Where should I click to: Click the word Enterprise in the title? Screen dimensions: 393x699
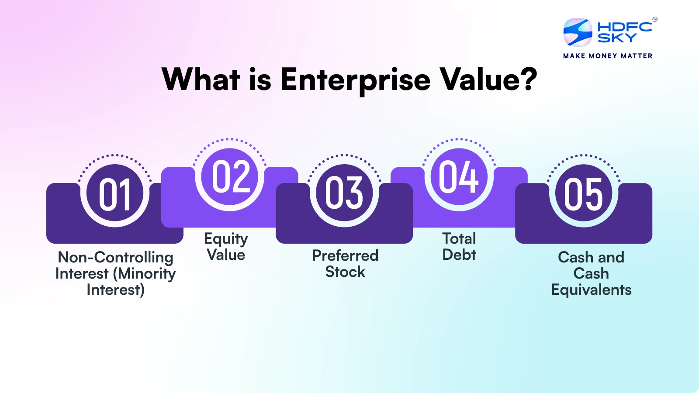355,80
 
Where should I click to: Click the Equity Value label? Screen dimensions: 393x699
226,247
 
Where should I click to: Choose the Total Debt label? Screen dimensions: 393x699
459,247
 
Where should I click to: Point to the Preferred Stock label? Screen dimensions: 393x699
345,263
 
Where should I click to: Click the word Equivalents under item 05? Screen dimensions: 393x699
591,290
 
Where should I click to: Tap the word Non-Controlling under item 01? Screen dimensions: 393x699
115,258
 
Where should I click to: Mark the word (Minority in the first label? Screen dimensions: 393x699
145,274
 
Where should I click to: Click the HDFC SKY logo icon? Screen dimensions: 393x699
578,32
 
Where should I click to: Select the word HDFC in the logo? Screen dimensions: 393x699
625,27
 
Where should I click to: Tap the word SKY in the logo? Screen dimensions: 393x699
617,38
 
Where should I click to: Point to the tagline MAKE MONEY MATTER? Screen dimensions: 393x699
608,56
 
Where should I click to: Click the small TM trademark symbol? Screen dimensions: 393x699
655,19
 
